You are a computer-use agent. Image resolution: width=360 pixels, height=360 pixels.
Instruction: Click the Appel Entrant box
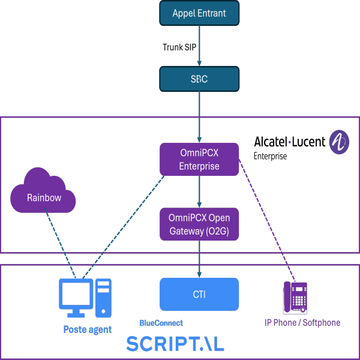coord(199,13)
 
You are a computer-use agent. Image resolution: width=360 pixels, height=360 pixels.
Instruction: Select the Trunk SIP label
coord(179,46)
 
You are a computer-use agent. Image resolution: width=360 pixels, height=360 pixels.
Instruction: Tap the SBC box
coord(199,79)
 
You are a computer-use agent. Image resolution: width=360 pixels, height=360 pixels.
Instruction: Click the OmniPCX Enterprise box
coord(199,159)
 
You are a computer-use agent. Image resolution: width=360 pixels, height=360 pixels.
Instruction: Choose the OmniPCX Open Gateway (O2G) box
coord(199,223)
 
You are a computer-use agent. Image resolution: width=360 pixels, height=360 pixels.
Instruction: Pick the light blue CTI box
coord(199,294)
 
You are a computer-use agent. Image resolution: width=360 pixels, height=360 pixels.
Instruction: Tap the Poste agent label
coord(87,329)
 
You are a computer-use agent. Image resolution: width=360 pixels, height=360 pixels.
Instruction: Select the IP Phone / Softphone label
coord(302,322)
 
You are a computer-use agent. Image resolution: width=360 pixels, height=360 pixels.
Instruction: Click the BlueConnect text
coord(161,323)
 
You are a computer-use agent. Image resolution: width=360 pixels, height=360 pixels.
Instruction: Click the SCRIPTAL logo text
coord(175,344)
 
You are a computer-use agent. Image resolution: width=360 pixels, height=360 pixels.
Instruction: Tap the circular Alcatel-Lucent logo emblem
coord(340,143)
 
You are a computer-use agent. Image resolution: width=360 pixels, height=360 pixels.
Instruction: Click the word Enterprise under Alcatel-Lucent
coord(270,156)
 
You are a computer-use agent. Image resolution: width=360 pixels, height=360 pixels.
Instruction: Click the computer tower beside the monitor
coord(103,298)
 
